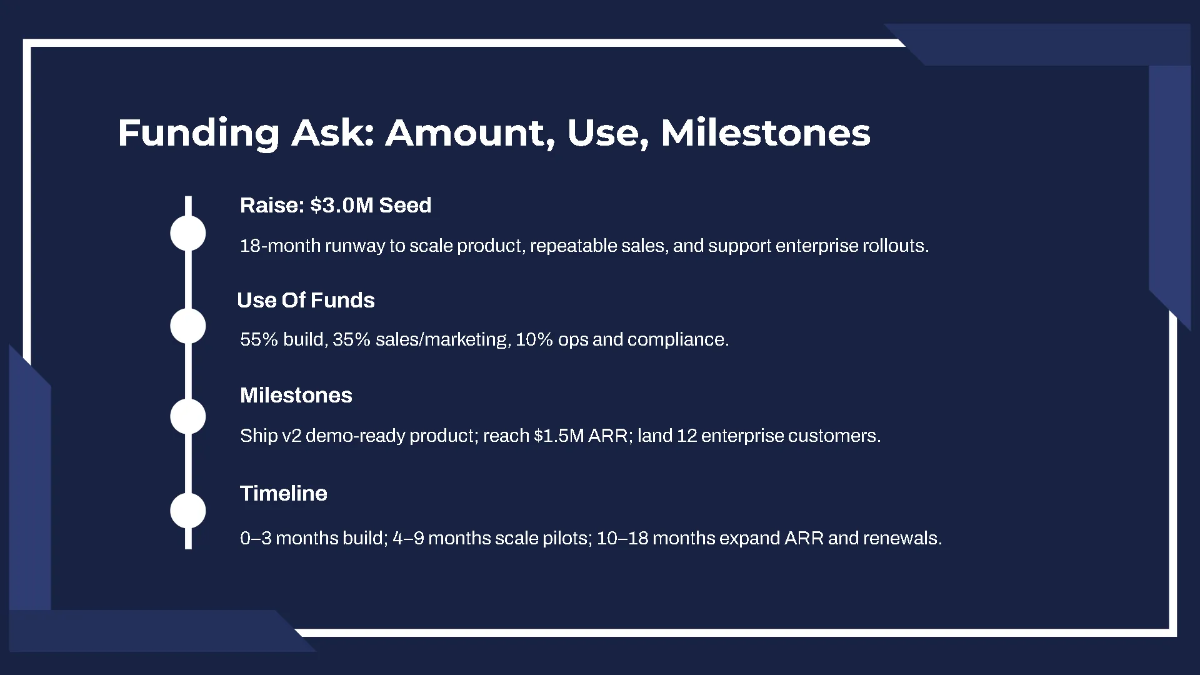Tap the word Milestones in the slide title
coord(765,133)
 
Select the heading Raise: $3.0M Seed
coord(335,206)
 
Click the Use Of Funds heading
coord(306,300)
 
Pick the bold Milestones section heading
coord(296,395)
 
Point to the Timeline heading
coord(283,493)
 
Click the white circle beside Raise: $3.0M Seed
coord(188,232)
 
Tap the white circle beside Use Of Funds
coord(188,326)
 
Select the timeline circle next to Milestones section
coord(188,416)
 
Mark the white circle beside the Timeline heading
coord(188,510)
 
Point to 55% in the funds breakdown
coord(257,340)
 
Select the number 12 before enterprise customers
coord(692,437)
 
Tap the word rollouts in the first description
coord(895,246)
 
